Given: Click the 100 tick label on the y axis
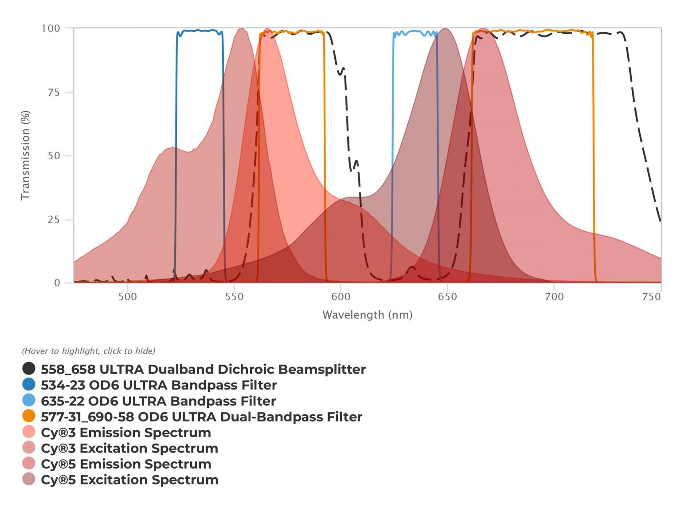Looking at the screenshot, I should click(x=51, y=29).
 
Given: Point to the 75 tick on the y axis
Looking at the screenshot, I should click(x=54, y=93).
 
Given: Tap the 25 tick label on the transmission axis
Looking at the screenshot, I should click(x=54, y=220).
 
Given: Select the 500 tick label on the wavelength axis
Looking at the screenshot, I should click(x=128, y=297).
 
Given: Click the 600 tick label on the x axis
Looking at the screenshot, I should click(x=341, y=297).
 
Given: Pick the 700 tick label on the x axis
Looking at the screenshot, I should click(x=554, y=297).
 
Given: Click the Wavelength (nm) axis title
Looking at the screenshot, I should click(x=367, y=315).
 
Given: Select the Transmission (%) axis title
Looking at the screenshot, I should click(x=25, y=155).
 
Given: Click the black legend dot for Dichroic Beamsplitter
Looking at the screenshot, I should click(x=29, y=369).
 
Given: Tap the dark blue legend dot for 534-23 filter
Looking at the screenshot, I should click(x=29, y=384).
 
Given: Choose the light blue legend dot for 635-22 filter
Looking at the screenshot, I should click(x=29, y=400).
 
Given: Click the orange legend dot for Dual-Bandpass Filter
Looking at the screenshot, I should click(x=29, y=416).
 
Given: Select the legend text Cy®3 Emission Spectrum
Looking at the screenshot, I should click(x=126, y=433).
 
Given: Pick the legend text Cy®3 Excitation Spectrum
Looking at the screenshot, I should click(x=129, y=448).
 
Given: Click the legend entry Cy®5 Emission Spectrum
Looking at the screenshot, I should click(x=126, y=464).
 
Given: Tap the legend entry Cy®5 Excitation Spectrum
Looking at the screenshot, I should click(x=129, y=480).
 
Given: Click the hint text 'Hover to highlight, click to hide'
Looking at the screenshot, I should click(x=89, y=351).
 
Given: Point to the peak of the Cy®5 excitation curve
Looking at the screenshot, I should click(x=445, y=29).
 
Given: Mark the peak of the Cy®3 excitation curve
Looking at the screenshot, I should click(x=241, y=29).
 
